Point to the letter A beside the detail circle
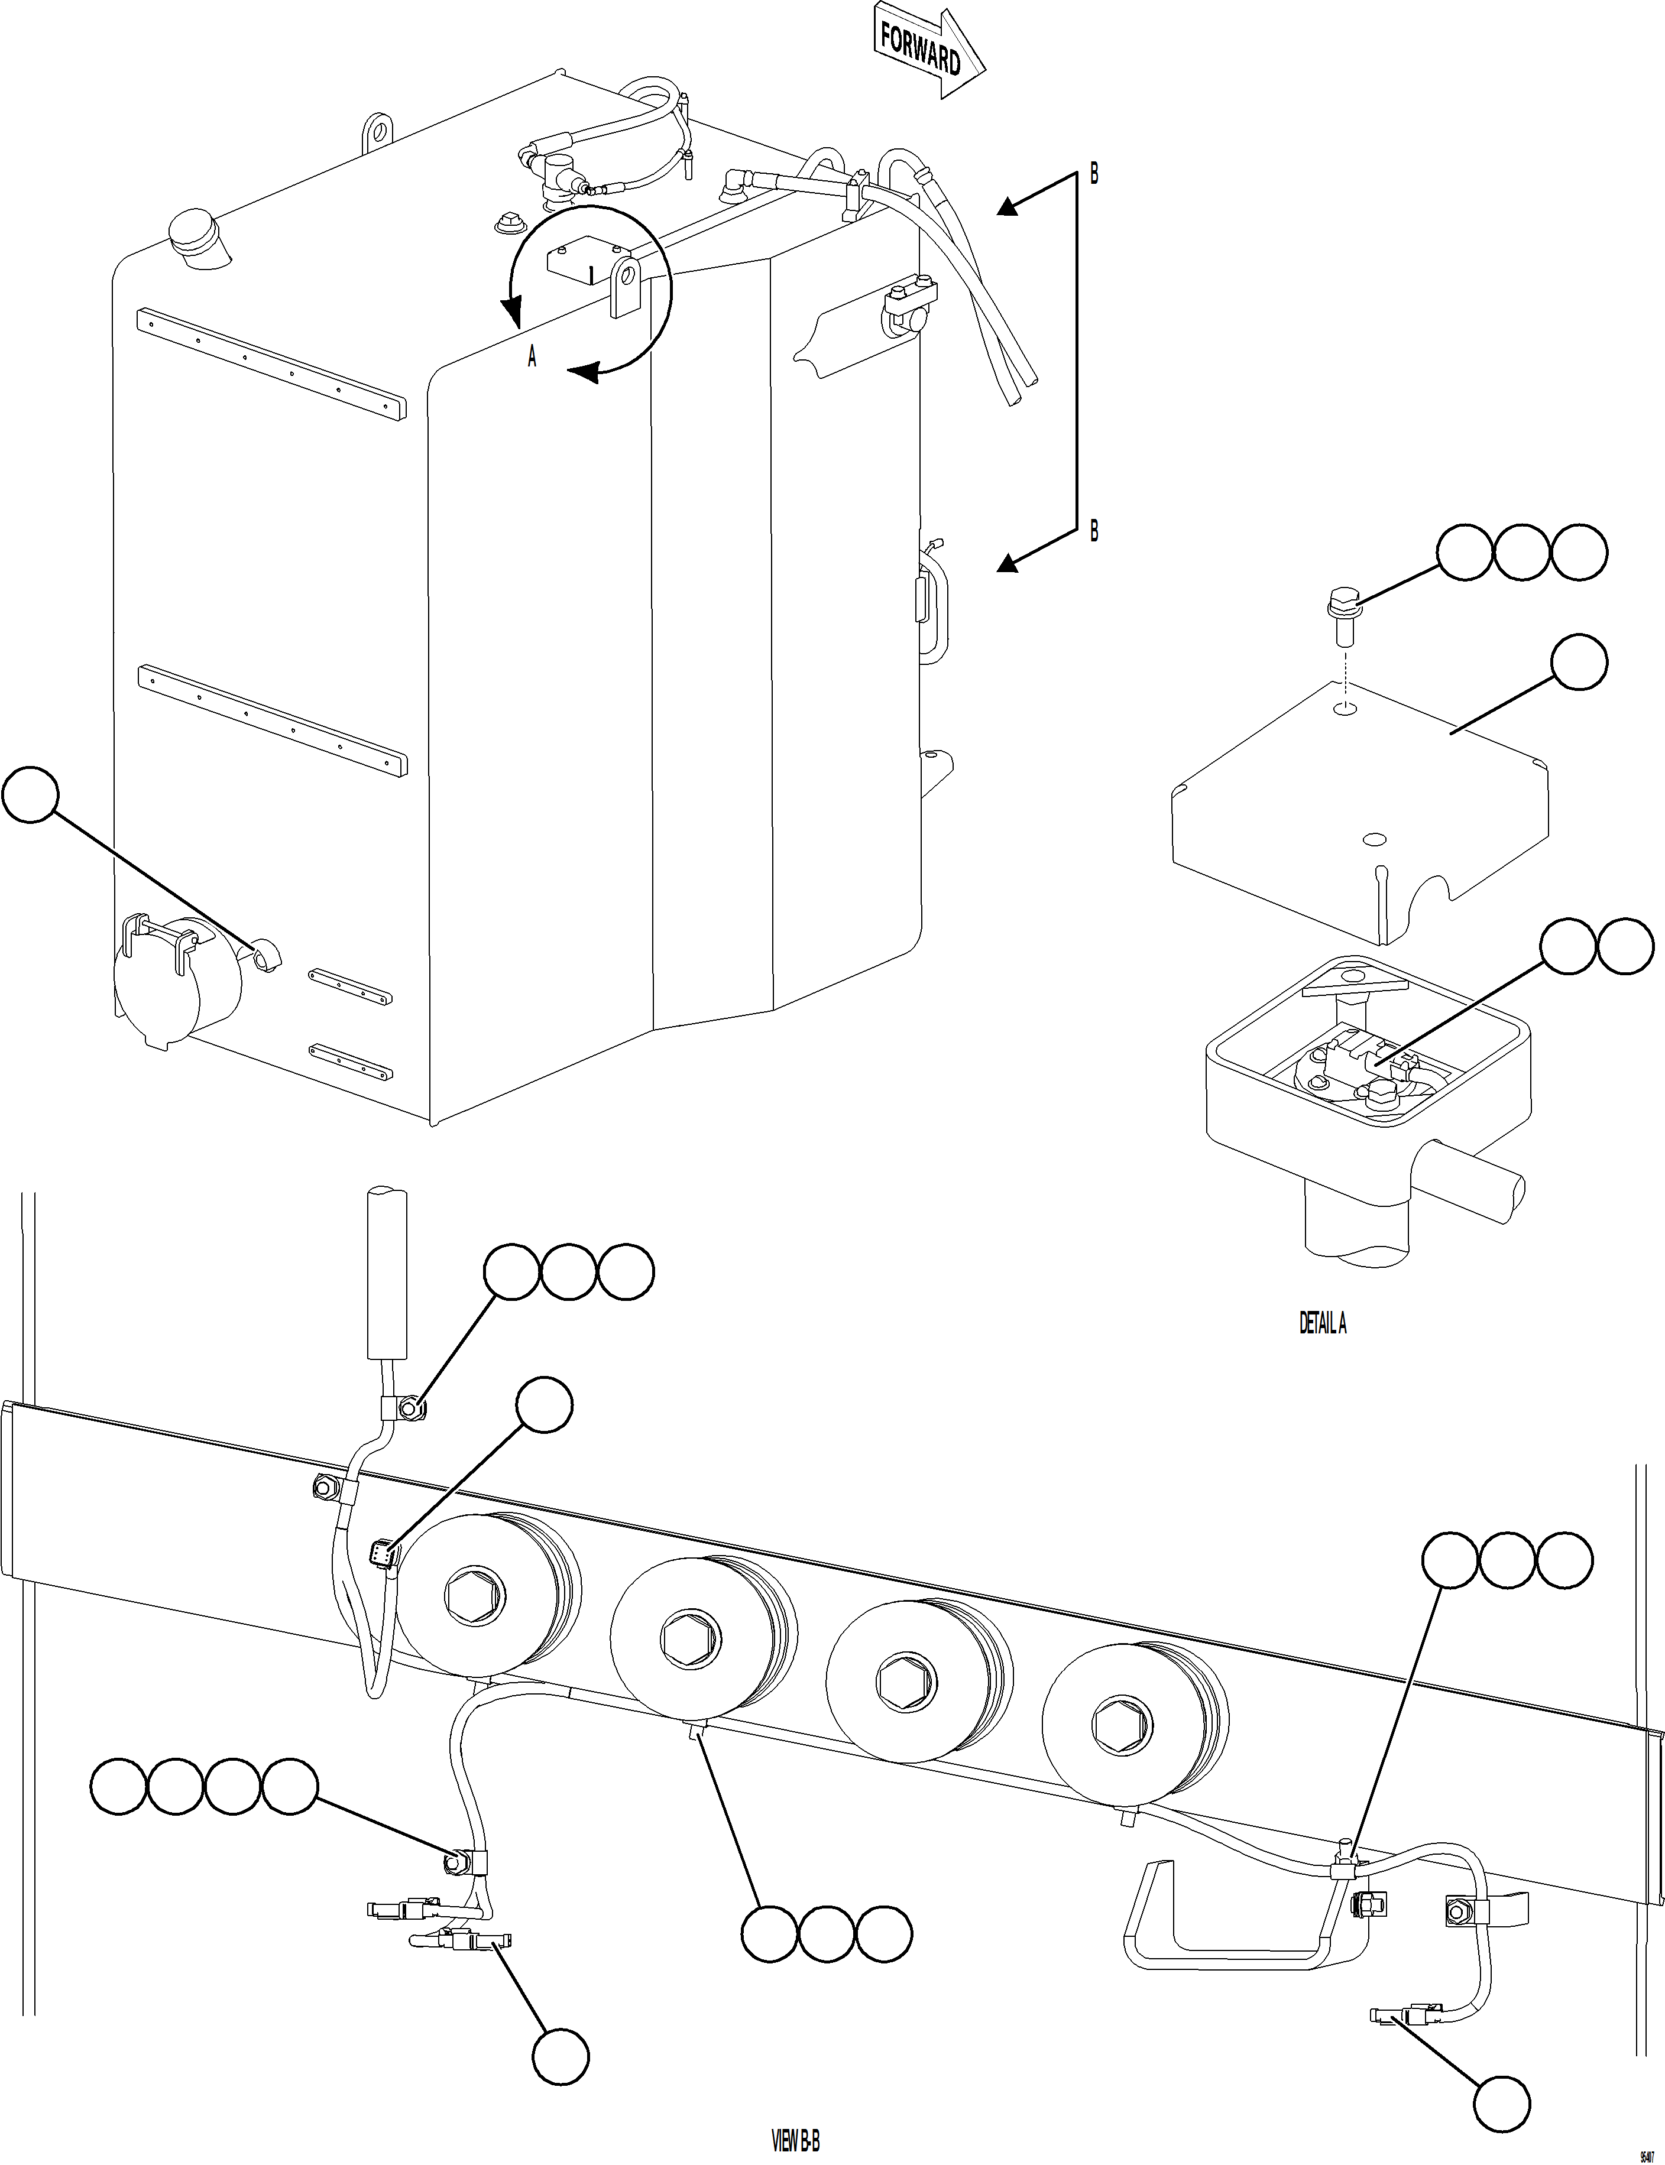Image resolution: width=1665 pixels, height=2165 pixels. point(532,358)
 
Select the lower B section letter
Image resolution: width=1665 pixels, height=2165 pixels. point(1094,532)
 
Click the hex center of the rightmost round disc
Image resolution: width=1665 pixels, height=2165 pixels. point(1123,1726)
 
